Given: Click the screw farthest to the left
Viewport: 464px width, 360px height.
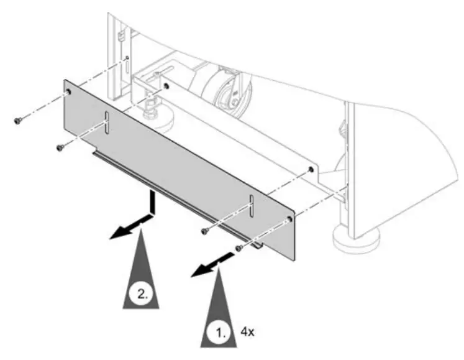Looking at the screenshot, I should tap(19, 120).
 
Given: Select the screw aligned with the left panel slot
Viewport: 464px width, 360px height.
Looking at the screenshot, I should tap(61, 147).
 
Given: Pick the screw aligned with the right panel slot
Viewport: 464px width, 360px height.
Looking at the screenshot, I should tap(205, 231).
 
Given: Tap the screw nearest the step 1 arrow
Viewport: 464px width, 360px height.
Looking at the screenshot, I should tap(239, 248).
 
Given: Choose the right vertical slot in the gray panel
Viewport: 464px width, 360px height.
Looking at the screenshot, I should tap(252, 205).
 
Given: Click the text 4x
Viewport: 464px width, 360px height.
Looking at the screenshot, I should tap(247, 332).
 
